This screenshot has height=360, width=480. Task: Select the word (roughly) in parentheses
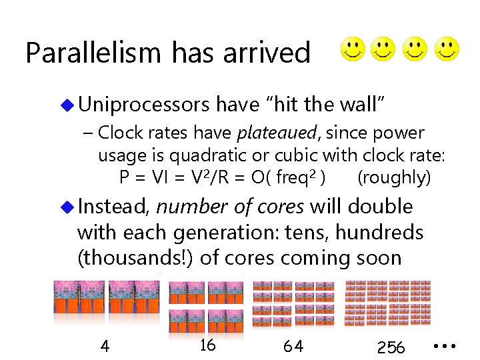pos(394,177)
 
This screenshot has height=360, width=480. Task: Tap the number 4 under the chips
pos(105,347)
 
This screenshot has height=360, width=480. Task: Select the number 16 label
pos(207,345)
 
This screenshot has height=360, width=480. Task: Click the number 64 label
pos(293,347)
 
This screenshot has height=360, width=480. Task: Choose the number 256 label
pos(391,347)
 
